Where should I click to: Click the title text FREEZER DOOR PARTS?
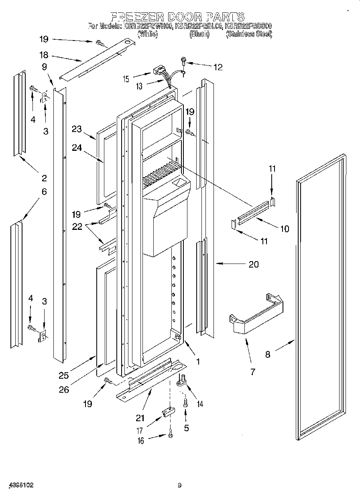tap(177, 16)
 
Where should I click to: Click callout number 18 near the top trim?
tap(44, 55)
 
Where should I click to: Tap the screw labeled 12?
tap(183, 61)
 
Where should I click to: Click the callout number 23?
tap(77, 129)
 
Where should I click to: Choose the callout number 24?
tap(77, 148)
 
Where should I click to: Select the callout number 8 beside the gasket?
tap(268, 354)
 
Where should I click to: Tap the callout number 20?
tap(254, 264)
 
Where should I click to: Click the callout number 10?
tap(284, 229)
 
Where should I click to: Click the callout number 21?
tap(140, 418)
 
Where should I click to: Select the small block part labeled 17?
tap(168, 412)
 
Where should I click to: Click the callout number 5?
tap(186, 428)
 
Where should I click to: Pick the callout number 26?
tap(64, 389)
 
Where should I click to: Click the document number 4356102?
tap(17, 485)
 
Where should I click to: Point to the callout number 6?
tap(44, 192)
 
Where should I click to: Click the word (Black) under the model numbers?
tap(199, 34)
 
